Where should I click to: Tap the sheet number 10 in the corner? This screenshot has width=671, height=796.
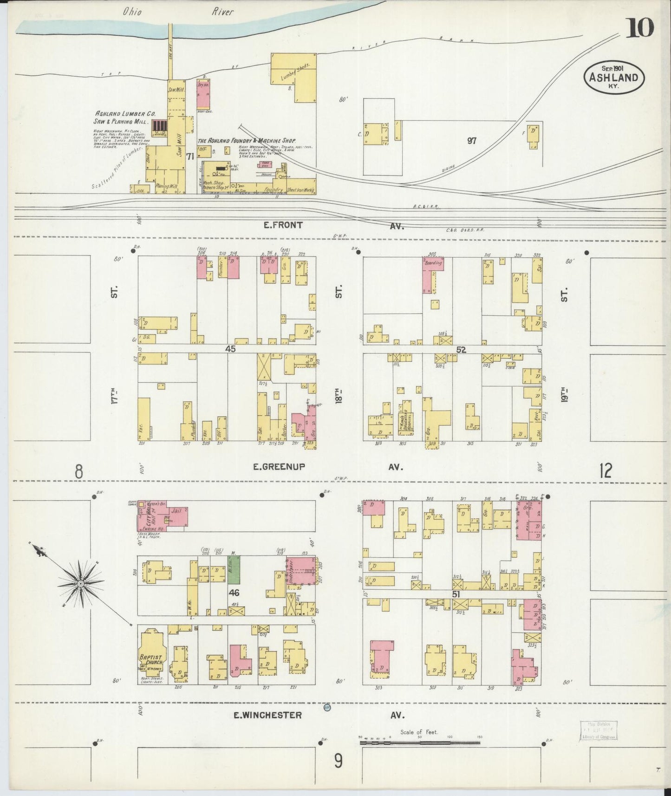click(641, 29)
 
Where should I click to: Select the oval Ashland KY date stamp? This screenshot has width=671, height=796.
click(613, 78)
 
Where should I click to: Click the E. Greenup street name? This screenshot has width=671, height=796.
click(279, 467)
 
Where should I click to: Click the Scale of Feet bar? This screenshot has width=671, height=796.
click(420, 743)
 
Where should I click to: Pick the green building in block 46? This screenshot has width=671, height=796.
click(234, 571)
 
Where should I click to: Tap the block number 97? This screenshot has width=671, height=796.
click(472, 141)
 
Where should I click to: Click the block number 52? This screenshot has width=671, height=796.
click(461, 350)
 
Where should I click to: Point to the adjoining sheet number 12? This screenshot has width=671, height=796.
click(605, 471)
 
